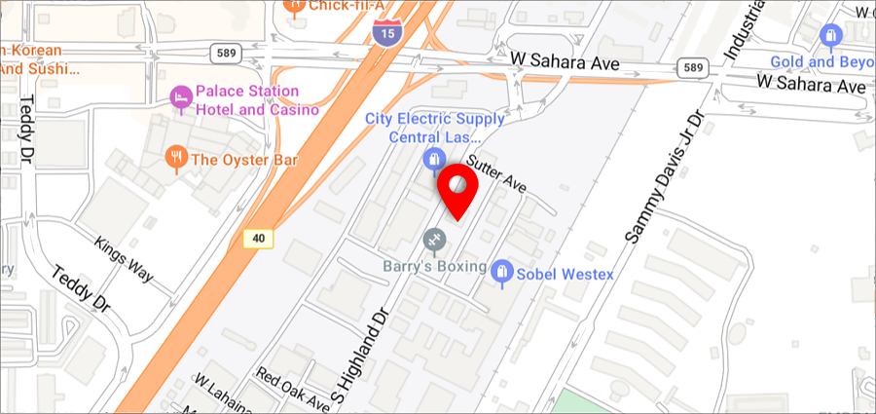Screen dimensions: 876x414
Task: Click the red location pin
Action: click(456, 189)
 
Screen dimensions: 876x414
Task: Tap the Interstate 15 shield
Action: click(385, 33)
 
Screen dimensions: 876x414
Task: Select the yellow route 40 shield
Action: click(257, 238)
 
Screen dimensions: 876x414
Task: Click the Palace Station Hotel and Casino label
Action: click(258, 100)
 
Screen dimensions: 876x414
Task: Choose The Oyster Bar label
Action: click(244, 160)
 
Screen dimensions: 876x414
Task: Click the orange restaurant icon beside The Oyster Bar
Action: click(176, 157)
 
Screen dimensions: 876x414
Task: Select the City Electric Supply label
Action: click(434, 128)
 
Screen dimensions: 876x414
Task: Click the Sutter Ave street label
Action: click(496, 172)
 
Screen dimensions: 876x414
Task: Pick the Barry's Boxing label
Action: click(434, 266)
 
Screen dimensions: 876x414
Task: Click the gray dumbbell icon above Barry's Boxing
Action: click(434, 239)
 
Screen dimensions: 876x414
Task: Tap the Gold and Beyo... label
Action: click(822, 62)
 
